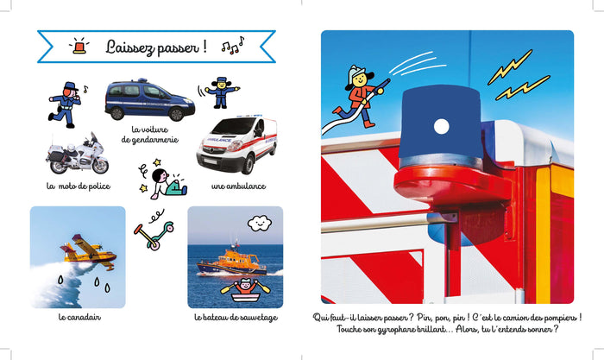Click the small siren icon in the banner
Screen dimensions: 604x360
click(79, 46)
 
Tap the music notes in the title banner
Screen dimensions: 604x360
click(233, 46)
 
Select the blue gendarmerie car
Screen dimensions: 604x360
click(150, 99)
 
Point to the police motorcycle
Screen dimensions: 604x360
click(77, 155)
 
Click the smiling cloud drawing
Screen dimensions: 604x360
click(259, 224)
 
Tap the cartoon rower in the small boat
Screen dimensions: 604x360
click(245, 291)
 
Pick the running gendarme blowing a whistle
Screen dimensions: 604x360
click(66, 104)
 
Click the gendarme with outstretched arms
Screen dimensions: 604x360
click(221, 92)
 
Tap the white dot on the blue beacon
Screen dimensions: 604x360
click(441, 126)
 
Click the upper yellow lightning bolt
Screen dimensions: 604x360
click(509, 66)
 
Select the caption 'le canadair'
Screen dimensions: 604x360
click(79, 317)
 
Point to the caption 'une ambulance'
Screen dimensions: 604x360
click(238, 186)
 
